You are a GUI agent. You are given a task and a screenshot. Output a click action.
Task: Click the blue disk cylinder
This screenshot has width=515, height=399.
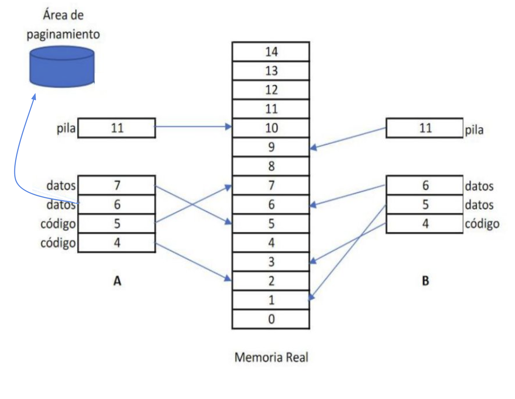pos(62,67)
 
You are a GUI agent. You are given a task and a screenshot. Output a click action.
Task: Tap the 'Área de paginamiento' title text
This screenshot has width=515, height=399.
pos(63,25)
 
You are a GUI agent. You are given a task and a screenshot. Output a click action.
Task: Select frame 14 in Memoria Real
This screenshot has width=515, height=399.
pos(271,52)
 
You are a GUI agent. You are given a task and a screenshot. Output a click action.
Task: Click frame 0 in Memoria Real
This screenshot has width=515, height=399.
pos(271,319)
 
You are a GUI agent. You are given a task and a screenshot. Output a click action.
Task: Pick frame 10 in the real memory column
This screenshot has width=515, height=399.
pos(271,128)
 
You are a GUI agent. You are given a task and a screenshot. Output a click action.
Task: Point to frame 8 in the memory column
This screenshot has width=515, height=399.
pos(271,166)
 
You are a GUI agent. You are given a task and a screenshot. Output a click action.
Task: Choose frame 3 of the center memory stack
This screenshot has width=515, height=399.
pos(271,262)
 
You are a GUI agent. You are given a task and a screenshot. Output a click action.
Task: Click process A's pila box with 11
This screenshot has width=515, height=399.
pos(117,128)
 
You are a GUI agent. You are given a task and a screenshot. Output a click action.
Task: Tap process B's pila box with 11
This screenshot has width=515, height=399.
pos(425,128)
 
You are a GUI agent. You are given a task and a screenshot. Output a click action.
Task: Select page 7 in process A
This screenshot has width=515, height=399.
pos(117,185)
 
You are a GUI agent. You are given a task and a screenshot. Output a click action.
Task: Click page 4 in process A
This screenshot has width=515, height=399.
pos(117,242)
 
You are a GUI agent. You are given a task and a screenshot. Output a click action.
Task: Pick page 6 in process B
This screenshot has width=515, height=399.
pos(425,185)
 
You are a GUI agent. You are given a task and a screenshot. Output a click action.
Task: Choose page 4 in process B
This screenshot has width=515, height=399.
pos(425,223)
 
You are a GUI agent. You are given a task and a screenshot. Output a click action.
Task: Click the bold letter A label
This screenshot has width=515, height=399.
pos(117,281)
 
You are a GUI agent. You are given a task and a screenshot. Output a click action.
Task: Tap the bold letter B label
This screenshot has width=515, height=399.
pos(425,281)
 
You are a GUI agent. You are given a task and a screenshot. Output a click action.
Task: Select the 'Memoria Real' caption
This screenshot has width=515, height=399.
pos(271,357)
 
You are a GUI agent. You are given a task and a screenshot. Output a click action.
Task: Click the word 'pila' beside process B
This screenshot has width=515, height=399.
pos(474,130)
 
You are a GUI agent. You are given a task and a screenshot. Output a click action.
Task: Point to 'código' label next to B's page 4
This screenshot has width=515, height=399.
pos(482,224)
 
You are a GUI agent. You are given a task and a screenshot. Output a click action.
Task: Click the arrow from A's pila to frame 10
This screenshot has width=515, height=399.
pos(193,127)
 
